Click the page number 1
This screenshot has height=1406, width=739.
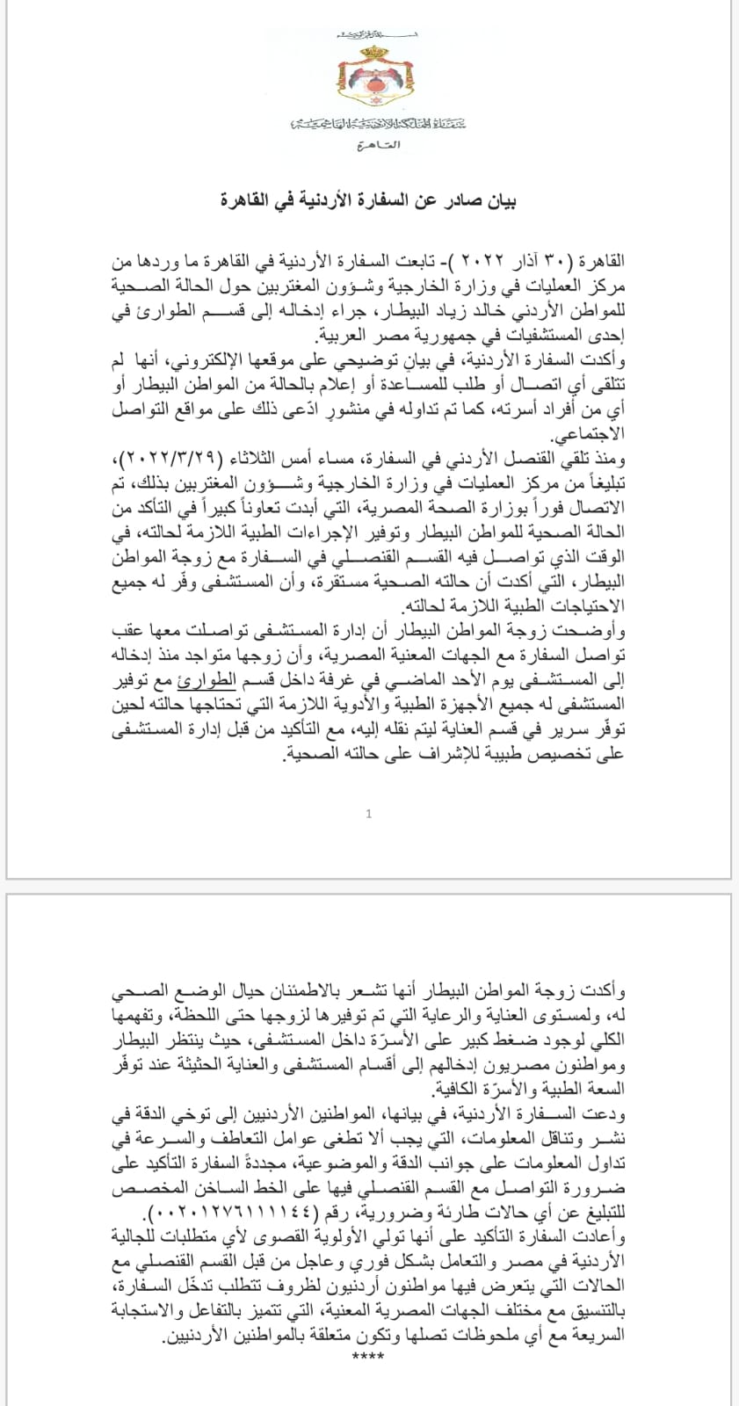coord(369,814)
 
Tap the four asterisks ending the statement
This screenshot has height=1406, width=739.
coord(362,1358)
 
